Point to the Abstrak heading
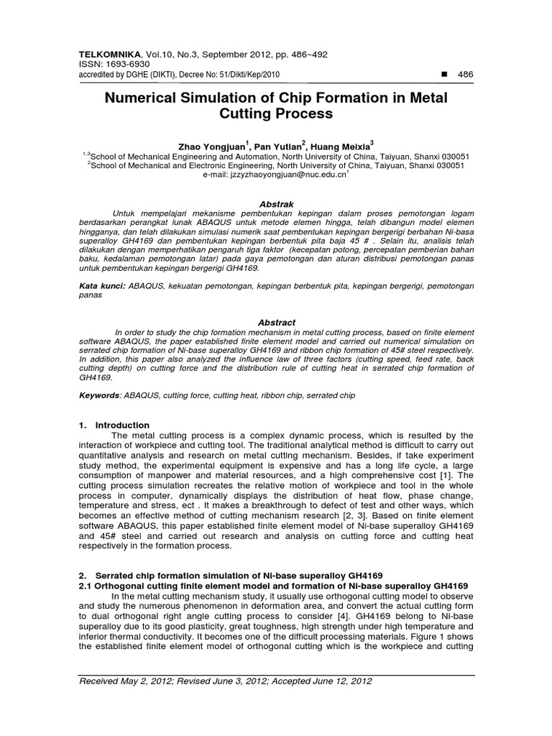click(x=276, y=205)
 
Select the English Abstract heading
click(x=276, y=323)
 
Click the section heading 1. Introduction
click(x=114, y=425)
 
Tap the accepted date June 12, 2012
click(x=334, y=681)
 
